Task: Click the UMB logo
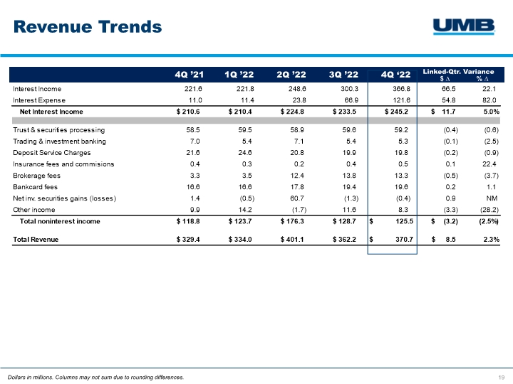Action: (464, 26)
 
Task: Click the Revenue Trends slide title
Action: (88, 27)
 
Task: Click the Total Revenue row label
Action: (36, 240)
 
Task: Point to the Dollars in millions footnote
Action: (95, 376)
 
